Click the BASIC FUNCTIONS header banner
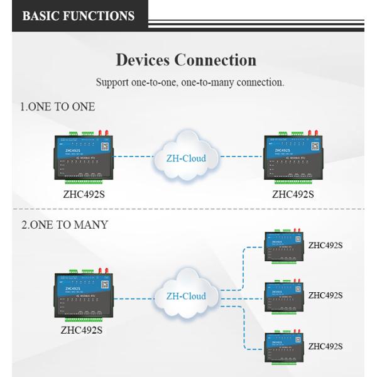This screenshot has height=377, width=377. tap(79, 16)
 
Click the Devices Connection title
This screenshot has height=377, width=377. tap(186, 60)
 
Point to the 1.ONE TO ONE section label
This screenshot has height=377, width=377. tap(58, 107)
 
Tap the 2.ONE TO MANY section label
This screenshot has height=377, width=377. tap(65, 225)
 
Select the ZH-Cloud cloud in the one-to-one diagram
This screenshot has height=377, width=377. tap(186, 157)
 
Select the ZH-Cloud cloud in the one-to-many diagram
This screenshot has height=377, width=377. tap(186, 295)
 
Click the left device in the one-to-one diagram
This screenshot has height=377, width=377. tap(84, 158)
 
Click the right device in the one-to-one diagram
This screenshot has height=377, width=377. tap(293, 158)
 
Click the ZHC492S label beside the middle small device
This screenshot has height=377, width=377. tap(325, 295)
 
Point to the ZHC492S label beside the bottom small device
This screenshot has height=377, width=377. tap(325, 346)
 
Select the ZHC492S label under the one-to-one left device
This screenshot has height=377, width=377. tap(84, 194)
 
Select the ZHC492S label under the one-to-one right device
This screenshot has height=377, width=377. tap(293, 194)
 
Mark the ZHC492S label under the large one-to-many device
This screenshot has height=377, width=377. tap(82, 329)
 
